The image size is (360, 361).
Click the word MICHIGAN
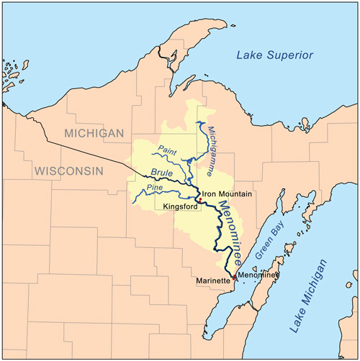click(94, 133)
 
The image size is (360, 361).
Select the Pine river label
click(155, 188)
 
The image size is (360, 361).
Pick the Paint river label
click(167, 150)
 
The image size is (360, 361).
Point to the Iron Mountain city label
click(227, 193)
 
